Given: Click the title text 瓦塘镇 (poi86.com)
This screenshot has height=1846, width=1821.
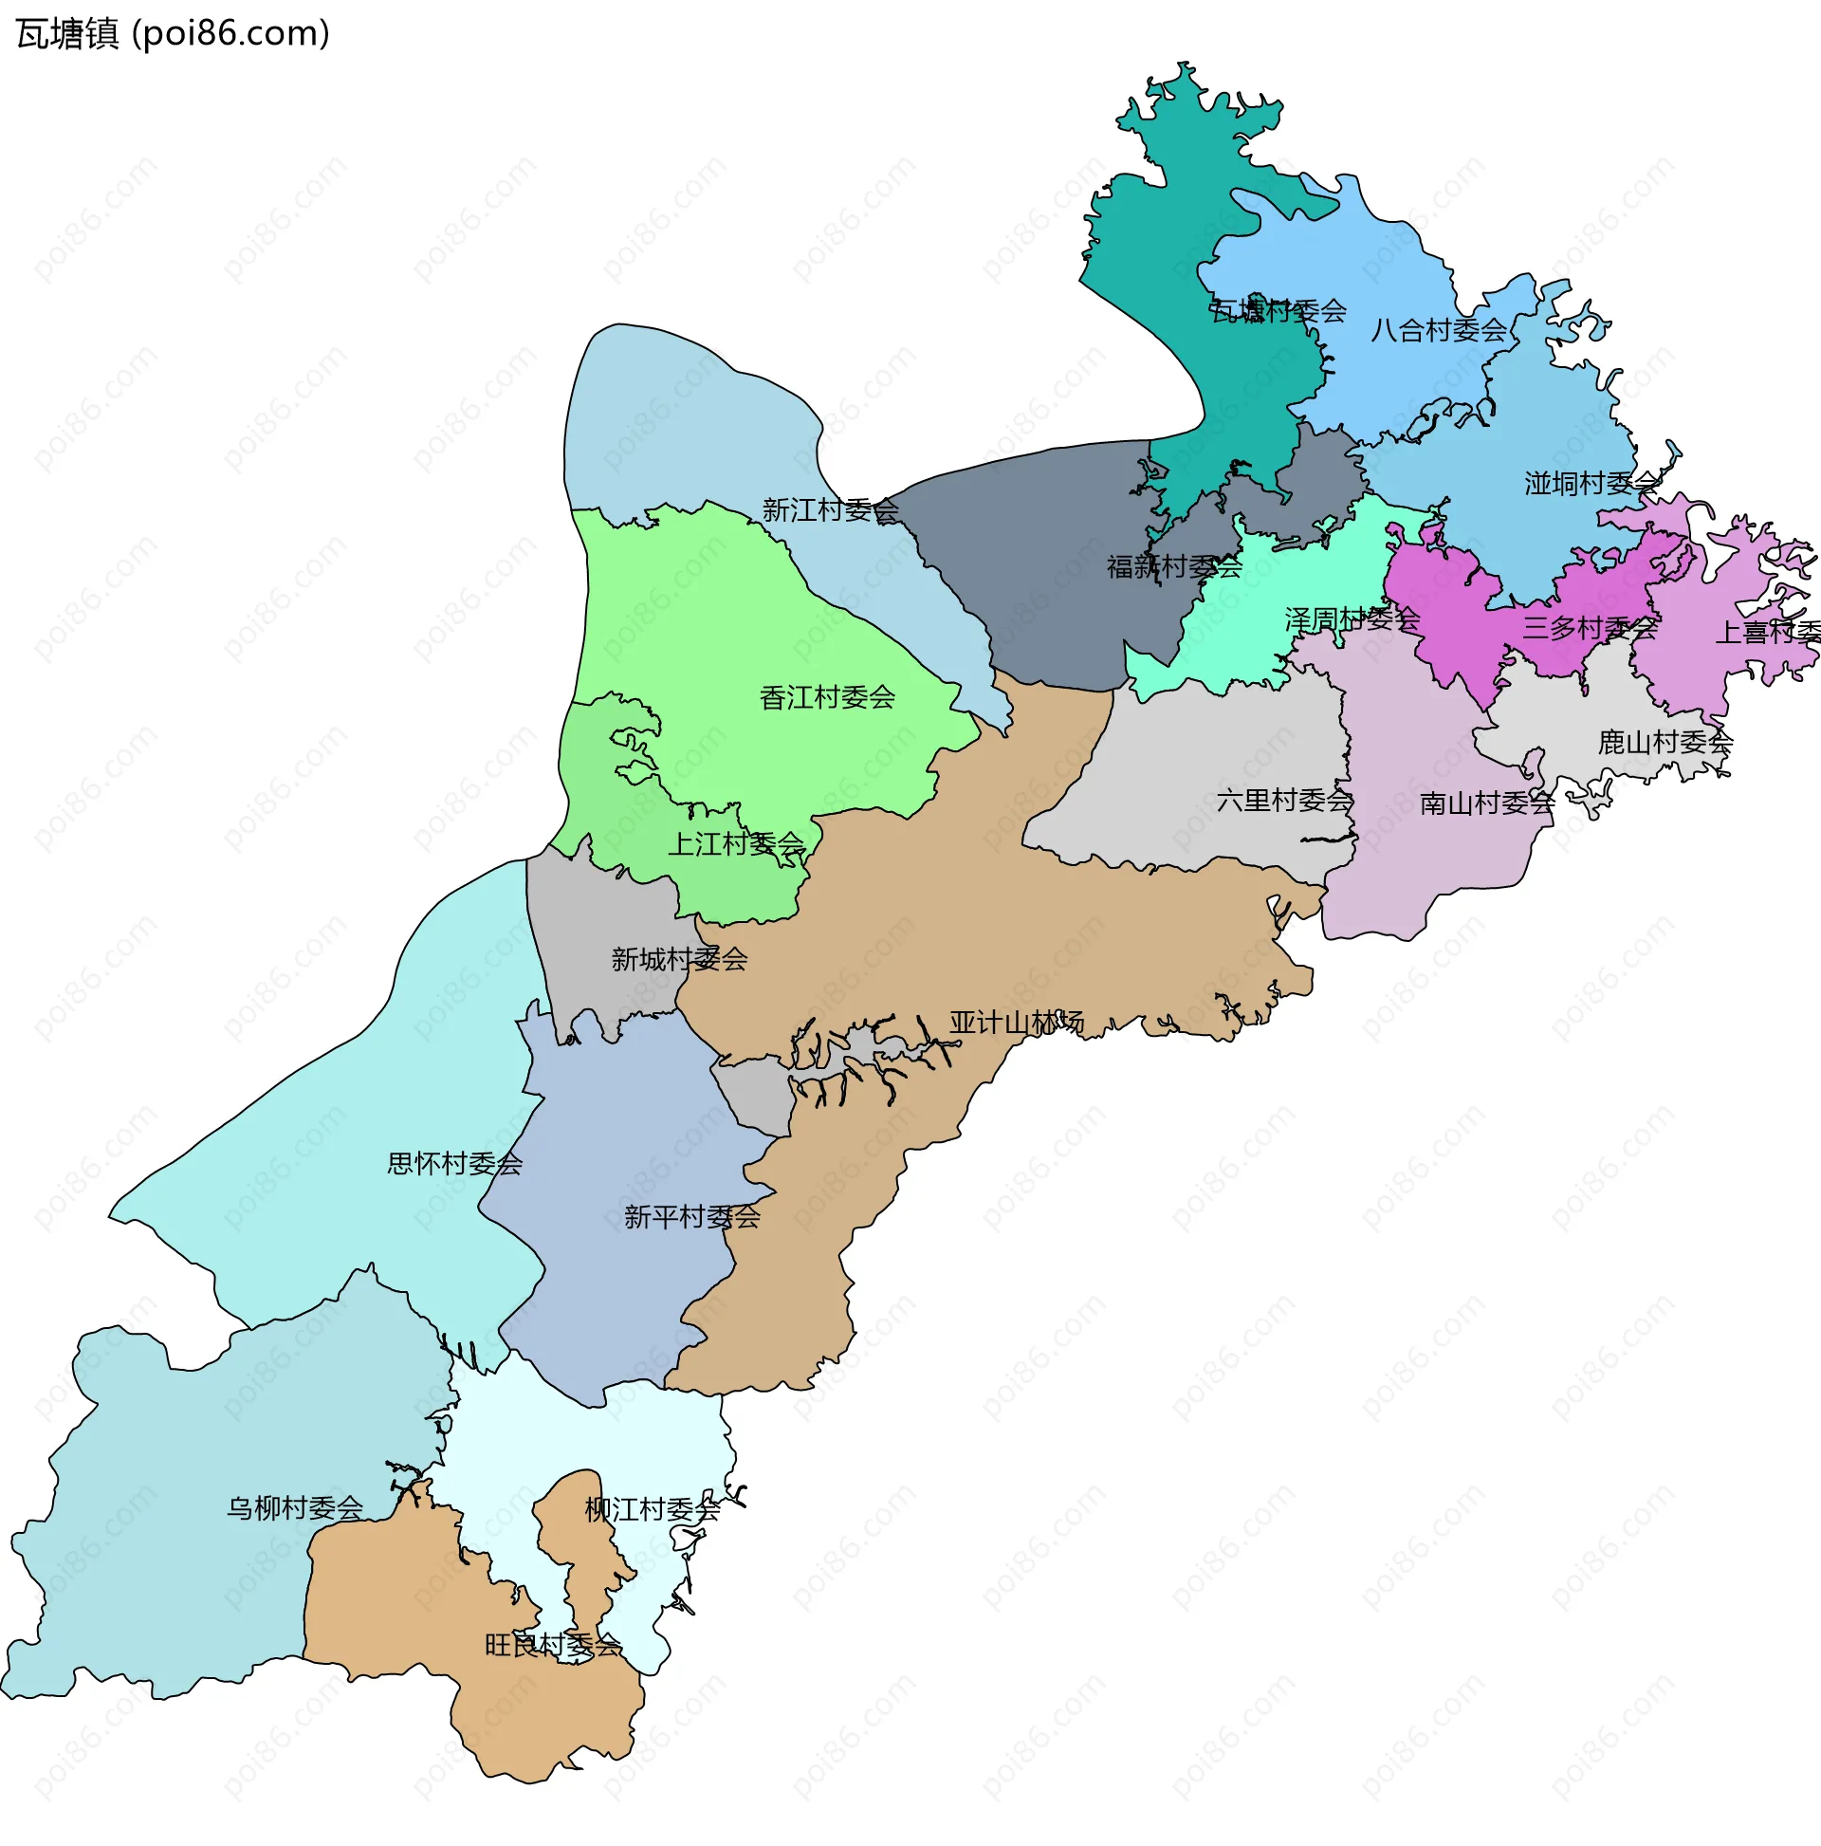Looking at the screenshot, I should click(x=172, y=33).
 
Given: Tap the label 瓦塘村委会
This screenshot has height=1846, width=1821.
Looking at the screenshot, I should click(x=1278, y=310).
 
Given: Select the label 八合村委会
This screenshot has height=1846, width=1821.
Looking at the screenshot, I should click(x=1438, y=331).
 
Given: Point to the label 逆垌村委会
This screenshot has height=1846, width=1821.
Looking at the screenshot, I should click(x=1591, y=484).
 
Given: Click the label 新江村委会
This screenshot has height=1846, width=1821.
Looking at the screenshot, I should click(x=830, y=510).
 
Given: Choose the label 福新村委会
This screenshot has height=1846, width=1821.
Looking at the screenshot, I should click(x=1174, y=566).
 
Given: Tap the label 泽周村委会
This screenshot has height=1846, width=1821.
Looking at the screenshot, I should click(x=1352, y=619).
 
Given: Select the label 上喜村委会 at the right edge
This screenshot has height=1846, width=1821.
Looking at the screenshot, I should click(x=1768, y=632).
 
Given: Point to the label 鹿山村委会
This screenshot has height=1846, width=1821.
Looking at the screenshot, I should click(x=1665, y=742).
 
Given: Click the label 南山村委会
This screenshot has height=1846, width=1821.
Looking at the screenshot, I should click(x=1486, y=803).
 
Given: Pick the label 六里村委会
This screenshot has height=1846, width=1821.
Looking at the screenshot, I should click(x=1284, y=800).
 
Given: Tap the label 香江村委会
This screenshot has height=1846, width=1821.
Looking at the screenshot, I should click(x=827, y=697).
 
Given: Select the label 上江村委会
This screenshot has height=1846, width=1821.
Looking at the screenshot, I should click(x=736, y=843).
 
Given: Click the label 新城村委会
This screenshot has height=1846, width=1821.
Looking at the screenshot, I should click(x=679, y=958).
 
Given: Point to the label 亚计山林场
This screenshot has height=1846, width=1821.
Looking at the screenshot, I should click(x=1017, y=1023).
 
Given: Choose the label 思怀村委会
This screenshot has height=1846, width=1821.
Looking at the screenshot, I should click(x=454, y=1163).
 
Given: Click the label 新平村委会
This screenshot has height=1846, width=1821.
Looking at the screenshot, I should click(x=691, y=1216).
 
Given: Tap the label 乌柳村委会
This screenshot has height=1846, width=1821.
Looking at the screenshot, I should click(x=294, y=1507).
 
